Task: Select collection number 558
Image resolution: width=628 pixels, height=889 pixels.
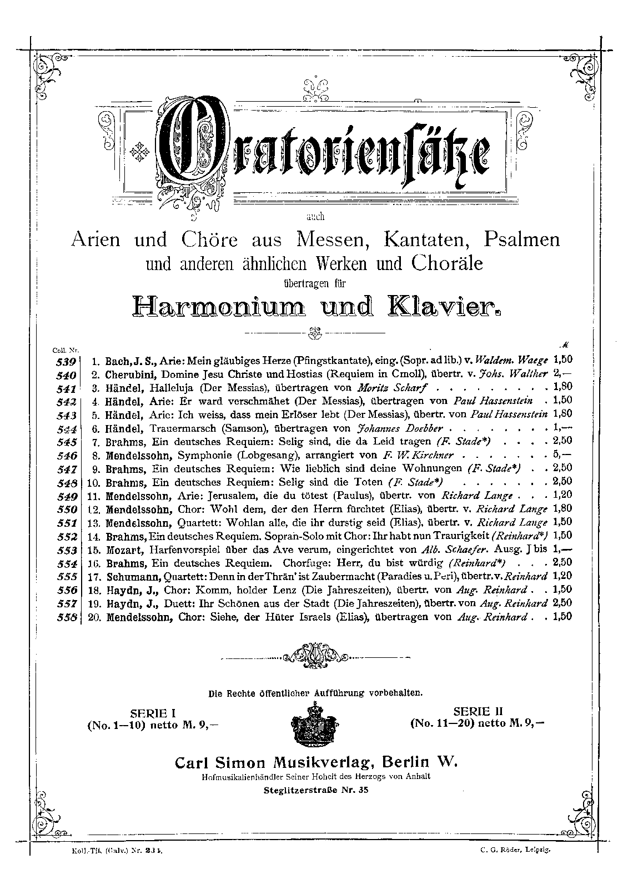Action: coord(67,617)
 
